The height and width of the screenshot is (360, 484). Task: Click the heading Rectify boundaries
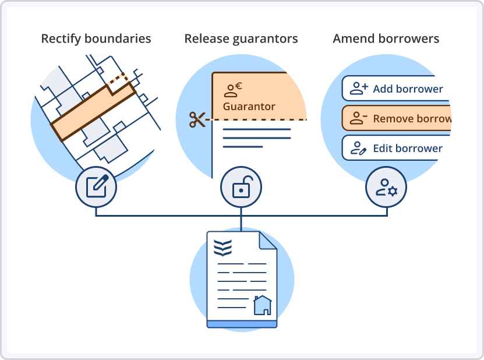[x=96, y=39]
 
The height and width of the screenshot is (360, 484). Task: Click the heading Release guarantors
[x=241, y=39]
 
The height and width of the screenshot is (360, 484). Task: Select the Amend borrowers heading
[x=386, y=39]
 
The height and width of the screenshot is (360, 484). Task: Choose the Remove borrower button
[x=396, y=118]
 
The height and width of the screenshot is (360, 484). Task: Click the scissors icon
[x=197, y=119]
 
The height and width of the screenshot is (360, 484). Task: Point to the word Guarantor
[x=249, y=107]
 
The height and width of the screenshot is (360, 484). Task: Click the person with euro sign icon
[x=233, y=90]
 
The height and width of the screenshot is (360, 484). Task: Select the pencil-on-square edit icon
[x=97, y=186]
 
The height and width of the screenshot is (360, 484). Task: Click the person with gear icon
[x=387, y=188]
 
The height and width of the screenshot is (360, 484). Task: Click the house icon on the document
[x=262, y=305]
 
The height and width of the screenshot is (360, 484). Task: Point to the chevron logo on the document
[x=222, y=248]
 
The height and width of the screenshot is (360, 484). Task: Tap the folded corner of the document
[x=267, y=241]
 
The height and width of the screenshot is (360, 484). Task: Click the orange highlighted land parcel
[x=93, y=112]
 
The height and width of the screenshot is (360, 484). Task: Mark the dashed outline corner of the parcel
[x=123, y=74]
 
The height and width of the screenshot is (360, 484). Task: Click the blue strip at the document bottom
[x=242, y=324]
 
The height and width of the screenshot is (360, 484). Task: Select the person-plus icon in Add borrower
[x=359, y=89]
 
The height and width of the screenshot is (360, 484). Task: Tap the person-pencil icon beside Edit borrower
[x=358, y=148]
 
